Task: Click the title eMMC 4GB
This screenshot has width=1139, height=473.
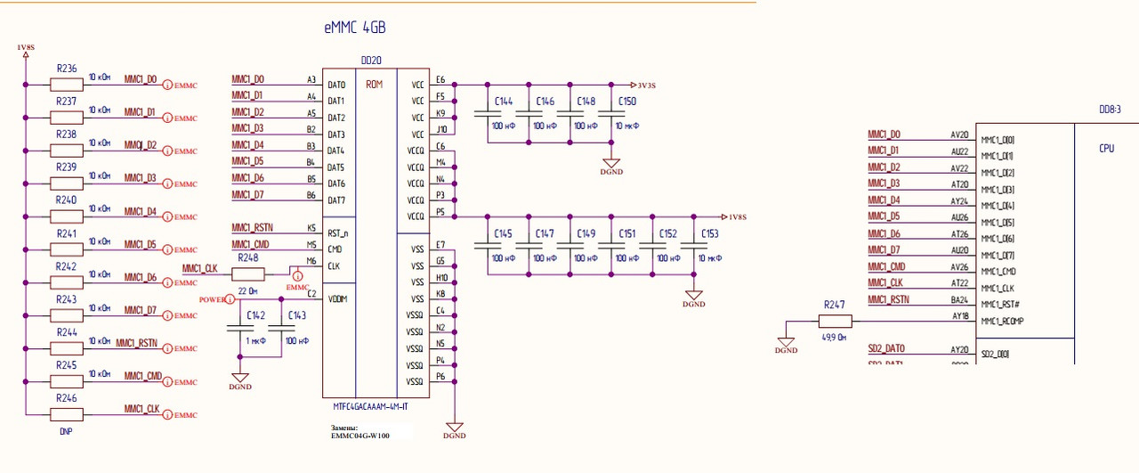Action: [x=355, y=28]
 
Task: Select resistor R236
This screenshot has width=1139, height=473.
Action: [x=66, y=84]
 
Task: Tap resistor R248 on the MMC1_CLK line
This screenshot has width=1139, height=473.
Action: [x=248, y=273]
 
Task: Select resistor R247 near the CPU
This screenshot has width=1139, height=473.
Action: [x=836, y=321]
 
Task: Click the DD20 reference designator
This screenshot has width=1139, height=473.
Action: [x=371, y=61]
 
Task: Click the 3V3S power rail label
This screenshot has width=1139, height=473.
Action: [x=646, y=86]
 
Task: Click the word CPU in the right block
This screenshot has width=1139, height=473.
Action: [x=1106, y=149]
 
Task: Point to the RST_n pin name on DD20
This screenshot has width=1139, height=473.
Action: [x=337, y=232]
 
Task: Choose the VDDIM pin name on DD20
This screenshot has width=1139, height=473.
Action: [x=338, y=298]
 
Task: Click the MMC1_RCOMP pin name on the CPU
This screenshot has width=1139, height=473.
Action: [x=1002, y=321]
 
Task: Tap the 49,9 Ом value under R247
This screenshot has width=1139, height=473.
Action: [x=835, y=338]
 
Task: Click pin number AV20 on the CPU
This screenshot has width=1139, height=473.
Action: [x=959, y=135]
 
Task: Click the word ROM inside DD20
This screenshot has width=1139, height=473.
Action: [x=375, y=85]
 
